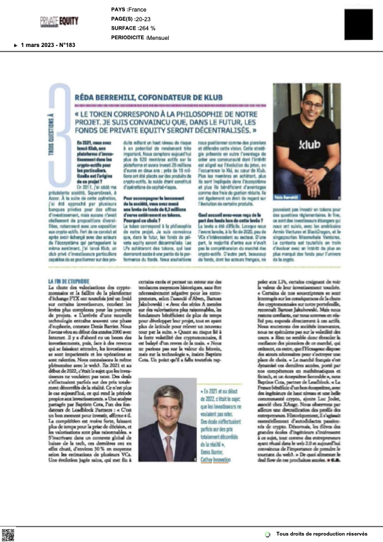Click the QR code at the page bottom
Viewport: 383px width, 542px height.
tap(8, 534)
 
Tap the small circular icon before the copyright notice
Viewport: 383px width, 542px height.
tap(268, 534)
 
